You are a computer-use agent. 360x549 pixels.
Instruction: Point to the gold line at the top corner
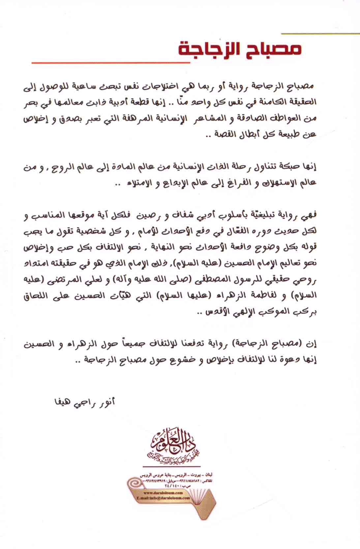pyautogui.click(x=320, y=33)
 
